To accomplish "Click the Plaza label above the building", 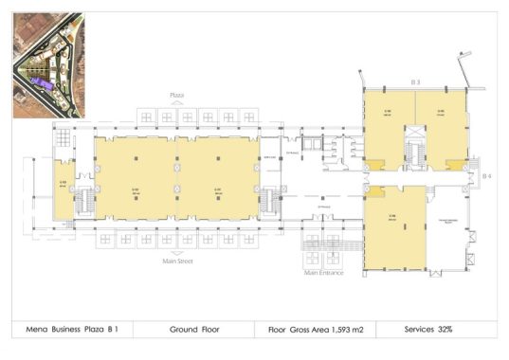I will point(175,96).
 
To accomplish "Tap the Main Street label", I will point(178,261).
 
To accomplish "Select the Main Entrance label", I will point(323,273).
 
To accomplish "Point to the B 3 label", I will point(415,83).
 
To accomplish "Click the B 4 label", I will point(486,176).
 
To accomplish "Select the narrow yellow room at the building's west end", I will point(63,185).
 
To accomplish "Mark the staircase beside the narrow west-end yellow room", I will point(82,200).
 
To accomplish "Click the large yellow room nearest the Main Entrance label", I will point(393,223).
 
